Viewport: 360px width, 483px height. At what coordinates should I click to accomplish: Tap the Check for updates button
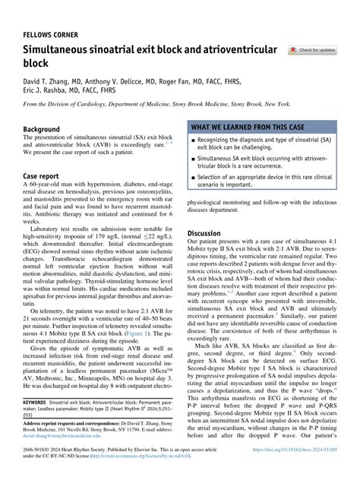click(x=311, y=50)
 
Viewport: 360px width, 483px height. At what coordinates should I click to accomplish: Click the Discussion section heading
click(x=204, y=233)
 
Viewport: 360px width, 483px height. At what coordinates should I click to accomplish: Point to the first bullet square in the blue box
click(x=194, y=140)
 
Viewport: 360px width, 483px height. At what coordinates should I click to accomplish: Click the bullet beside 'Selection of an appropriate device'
click(x=194, y=176)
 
